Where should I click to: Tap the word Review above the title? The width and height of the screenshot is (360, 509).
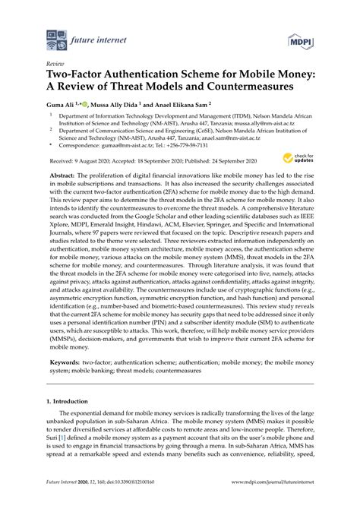55,65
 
